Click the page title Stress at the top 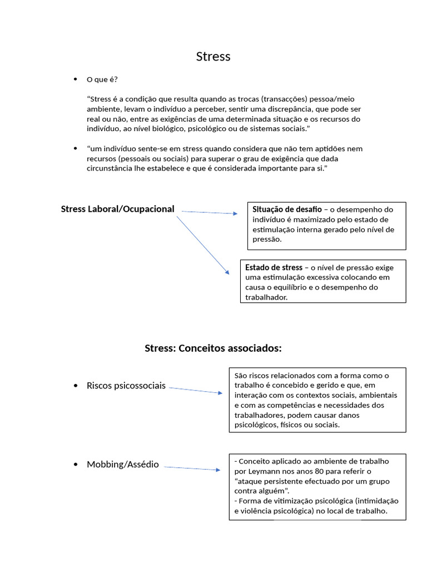click(213, 57)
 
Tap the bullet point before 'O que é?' click(75, 79)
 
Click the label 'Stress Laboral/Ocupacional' click(117, 209)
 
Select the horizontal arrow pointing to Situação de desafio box click(209, 212)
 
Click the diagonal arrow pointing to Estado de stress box click(203, 245)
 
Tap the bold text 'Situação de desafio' click(287, 209)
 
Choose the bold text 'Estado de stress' click(274, 267)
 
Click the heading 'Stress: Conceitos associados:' click(213, 348)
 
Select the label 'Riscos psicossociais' click(126, 386)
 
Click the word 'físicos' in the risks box click(298, 425)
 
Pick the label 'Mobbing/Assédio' click(123, 465)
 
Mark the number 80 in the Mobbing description click(311, 471)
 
